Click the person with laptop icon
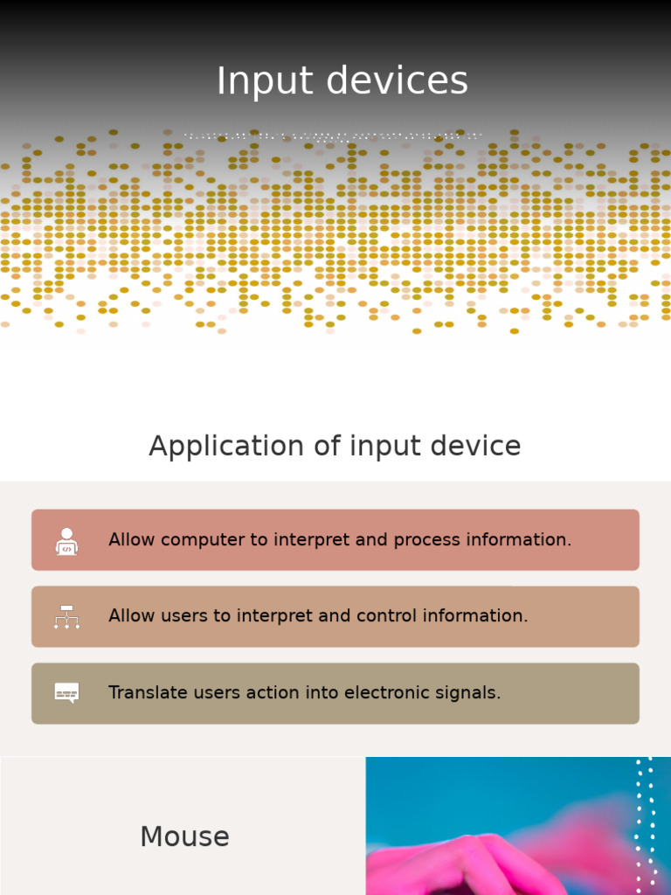click(66, 541)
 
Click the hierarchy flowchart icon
click(66, 617)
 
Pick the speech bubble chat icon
click(66, 693)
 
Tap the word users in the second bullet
click(187, 616)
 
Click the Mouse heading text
click(184, 836)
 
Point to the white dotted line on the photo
click(645, 822)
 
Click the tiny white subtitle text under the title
click(332, 136)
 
